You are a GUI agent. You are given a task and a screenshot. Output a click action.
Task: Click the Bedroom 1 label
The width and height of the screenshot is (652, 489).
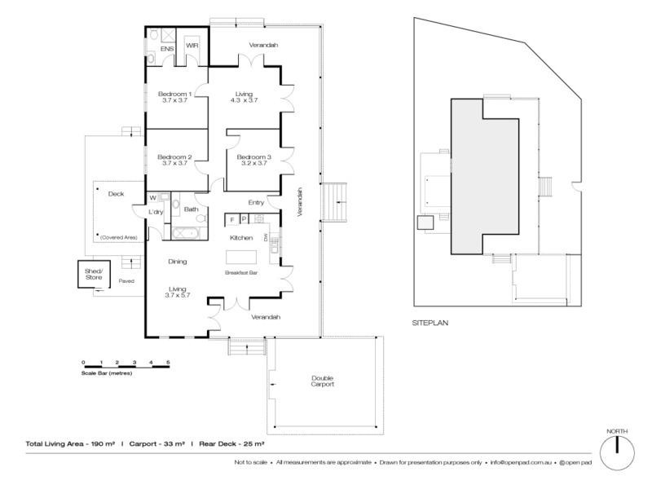(174, 94)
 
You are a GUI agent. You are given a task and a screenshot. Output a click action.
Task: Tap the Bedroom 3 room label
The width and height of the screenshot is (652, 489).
(253, 157)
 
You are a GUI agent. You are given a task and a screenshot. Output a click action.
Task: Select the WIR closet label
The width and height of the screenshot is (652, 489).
(192, 46)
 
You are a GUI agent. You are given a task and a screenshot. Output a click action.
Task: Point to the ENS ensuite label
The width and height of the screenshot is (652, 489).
(167, 49)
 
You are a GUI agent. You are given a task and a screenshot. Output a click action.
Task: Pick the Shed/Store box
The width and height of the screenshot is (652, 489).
(94, 274)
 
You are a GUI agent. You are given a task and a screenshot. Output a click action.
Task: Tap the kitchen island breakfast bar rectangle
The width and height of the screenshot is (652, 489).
(241, 257)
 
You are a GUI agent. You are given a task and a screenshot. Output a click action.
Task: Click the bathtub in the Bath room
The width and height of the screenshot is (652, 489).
(186, 233)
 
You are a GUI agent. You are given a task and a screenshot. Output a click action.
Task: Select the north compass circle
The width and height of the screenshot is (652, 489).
(617, 453)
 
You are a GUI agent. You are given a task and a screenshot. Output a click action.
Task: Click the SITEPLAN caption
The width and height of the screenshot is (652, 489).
(430, 323)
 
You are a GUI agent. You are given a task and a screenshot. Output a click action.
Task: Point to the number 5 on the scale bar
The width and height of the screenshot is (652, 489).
(168, 363)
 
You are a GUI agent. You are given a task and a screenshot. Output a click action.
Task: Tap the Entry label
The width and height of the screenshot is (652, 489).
(256, 202)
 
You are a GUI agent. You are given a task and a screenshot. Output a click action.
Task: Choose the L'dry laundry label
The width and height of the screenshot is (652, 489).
(156, 212)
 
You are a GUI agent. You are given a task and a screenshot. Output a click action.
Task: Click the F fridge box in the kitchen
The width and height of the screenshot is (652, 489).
(232, 219)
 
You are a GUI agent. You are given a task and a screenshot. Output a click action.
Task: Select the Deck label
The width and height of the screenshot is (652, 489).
(116, 194)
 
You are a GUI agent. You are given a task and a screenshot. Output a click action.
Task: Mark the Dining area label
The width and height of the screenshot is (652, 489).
(178, 262)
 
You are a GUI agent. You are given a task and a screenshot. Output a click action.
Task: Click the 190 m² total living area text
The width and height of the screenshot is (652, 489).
(104, 443)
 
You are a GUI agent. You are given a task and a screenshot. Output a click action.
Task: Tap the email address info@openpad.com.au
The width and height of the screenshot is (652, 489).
(521, 462)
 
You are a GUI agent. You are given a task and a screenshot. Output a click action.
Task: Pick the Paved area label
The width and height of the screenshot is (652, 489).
(126, 281)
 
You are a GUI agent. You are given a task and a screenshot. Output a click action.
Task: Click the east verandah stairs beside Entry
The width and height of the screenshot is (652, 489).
(334, 202)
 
